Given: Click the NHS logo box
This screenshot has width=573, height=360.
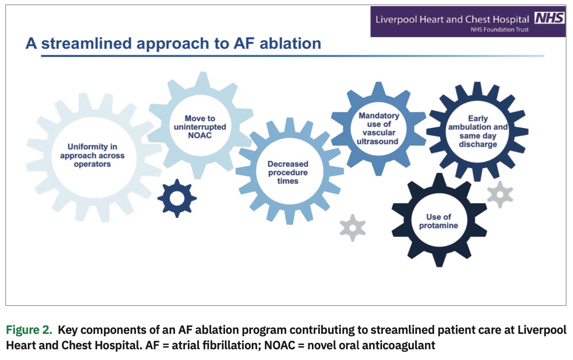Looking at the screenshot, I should tap(549, 18).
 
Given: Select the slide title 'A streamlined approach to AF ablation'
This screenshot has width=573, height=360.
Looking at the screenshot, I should tap(173, 44).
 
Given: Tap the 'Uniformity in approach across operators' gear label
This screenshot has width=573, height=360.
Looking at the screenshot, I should tap(92, 156).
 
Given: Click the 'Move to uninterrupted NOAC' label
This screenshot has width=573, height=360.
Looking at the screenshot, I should tap(200, 127).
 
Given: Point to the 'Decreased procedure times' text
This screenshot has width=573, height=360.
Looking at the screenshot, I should tap(288, 172).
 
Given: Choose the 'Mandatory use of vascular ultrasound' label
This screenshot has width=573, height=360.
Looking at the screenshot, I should tap(379, 129).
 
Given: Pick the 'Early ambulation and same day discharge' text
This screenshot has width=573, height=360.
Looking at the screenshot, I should tap(477, 131).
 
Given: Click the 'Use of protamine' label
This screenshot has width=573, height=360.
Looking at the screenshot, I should tap(438, 221).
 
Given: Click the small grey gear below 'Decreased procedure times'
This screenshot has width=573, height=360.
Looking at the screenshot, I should tap(352, 228).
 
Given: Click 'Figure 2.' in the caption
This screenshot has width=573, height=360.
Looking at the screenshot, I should tap(29, 330).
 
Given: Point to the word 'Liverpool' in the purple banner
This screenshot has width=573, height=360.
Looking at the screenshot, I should tap(393, 19).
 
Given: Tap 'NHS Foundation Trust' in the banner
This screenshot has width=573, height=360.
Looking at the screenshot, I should tap(500, 30).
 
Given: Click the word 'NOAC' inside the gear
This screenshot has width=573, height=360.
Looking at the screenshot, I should tap(200, 135).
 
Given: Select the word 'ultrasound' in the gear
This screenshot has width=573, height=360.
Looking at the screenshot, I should tap(379, 141).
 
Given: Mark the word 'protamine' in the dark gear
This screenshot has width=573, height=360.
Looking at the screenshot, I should tap(438, 226).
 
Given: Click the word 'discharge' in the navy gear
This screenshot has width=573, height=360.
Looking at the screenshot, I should tap(477, 144).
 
